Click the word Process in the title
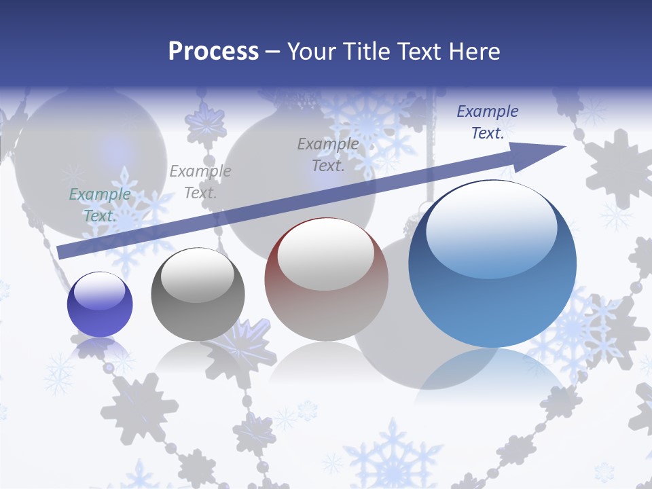pyautogui.click(x=213, y=51)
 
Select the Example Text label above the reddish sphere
pyautogui.click(x=327, y=154)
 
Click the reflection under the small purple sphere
pyautogui.click(x=100, y=348)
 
